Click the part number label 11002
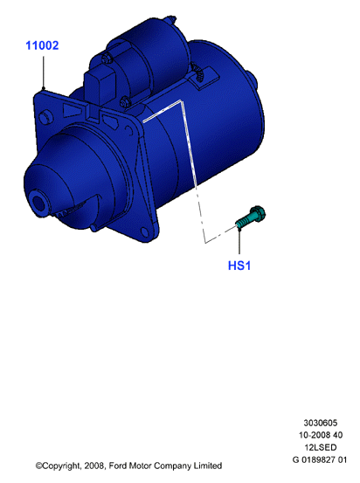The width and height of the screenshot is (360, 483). [x=42, y=45]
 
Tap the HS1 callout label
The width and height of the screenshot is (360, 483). [x=239, y=266]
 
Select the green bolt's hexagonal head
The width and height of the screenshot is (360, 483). [x=258, y=213]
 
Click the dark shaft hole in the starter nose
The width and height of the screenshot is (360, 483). [x=39, y=204]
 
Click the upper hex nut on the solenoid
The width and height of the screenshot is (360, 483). [x=106, y=58]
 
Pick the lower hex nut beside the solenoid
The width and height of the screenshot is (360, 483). [x=126, y=101]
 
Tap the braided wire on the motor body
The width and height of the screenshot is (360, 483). [x=197, y=72]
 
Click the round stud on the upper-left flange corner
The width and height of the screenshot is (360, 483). [x=46, y=117]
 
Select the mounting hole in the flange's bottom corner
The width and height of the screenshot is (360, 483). [x=144, y=231]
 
